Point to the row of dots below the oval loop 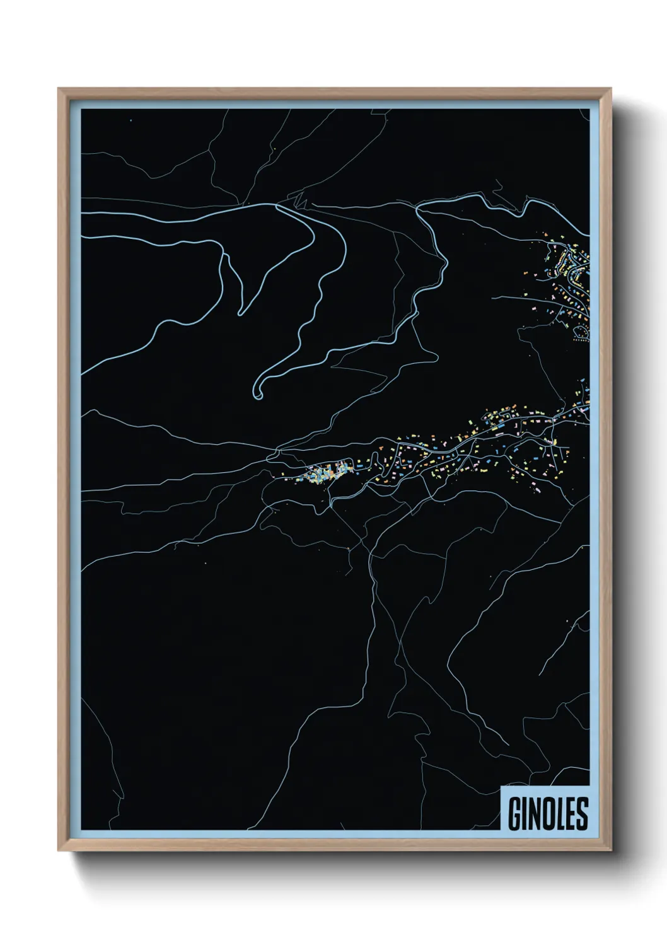[x=580, y=340]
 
